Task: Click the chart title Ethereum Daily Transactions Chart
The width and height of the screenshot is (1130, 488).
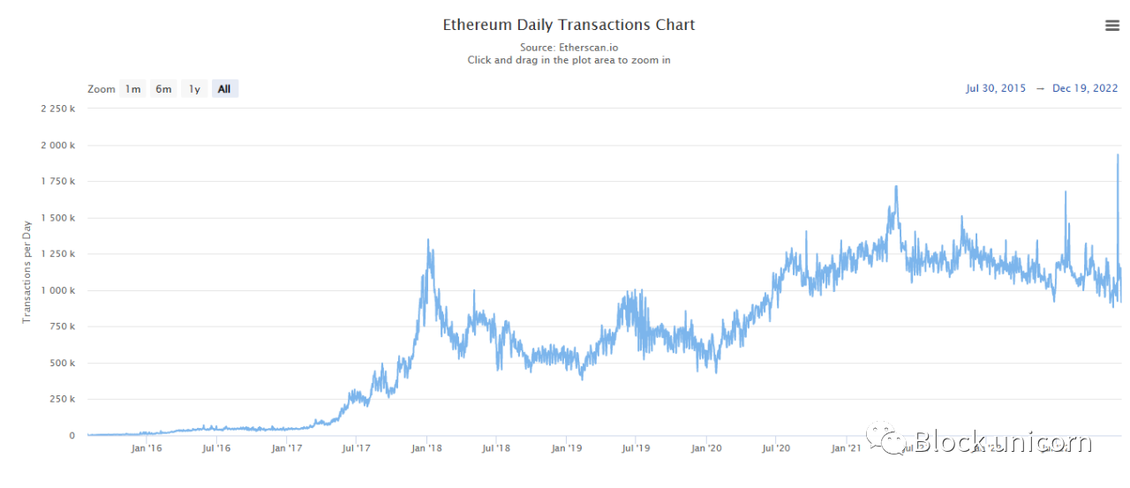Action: [x=569, y=25]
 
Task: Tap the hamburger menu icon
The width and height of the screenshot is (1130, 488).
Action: [x=1111, y=26]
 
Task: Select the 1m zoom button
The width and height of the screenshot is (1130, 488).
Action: [x=132, y=89]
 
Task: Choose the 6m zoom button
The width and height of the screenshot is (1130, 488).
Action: [x=163, y=89]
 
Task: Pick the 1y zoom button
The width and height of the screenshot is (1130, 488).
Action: [x=194, y=89]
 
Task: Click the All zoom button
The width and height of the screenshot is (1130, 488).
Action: [x=224, y=89]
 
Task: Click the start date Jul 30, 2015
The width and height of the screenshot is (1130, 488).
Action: [x=996, y=88]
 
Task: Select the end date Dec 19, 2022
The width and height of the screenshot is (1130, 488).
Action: [x=1085, y=88]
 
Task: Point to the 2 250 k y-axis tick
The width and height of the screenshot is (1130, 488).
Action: [x=59, y=109]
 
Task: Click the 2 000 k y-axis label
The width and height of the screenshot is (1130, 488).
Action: [x=59, y=145]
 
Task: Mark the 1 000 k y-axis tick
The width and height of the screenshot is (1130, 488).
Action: [x=59, y=290]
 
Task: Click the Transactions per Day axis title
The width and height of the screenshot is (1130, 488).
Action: [x=26, y=272]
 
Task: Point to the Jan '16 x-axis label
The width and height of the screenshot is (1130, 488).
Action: [x=147, y=448]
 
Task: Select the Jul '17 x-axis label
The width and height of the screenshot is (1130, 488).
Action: [x=356, y=448]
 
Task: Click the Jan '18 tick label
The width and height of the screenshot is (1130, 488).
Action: [x=426, y=448]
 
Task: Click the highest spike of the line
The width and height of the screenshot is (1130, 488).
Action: [x=1118, y=155]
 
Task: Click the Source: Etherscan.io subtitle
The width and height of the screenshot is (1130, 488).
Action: [x=569, y=48]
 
